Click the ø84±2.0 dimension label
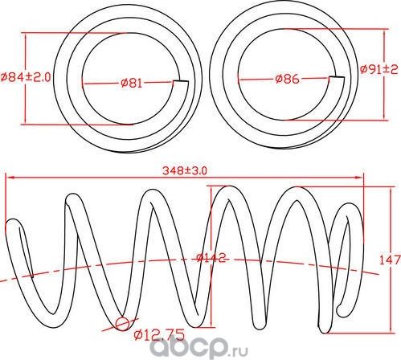tap(26, 77)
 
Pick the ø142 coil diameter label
tap(211, 259)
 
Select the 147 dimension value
tap(389, 259)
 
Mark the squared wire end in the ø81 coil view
tap(182, 84)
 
